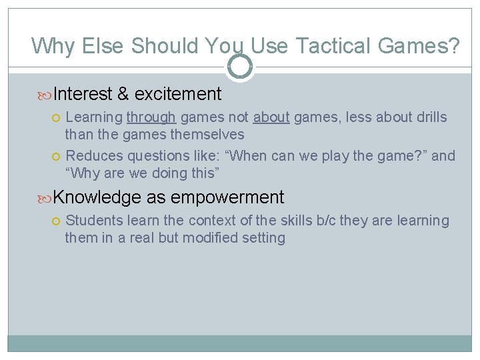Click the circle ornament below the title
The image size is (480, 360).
240,67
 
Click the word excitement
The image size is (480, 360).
178,94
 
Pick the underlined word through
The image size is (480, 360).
151,118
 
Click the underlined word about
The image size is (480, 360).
271,118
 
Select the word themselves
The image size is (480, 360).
207,134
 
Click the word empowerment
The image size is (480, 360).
227,197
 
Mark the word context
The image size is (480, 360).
211,220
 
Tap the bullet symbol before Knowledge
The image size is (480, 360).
45,198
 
